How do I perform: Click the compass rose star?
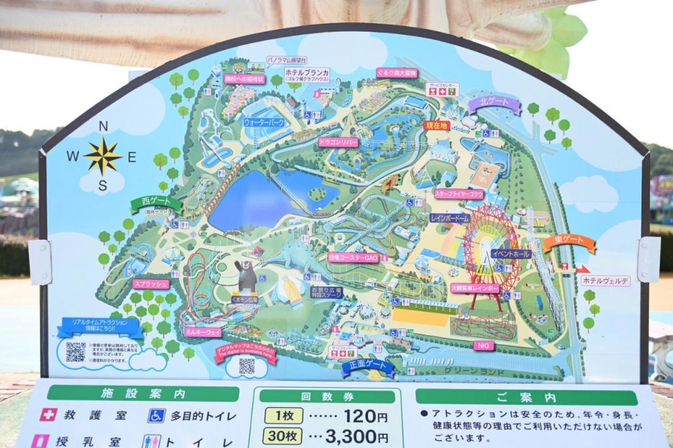[103, 156]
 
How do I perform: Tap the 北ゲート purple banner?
[494, 104]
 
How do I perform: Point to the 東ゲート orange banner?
[569, 244]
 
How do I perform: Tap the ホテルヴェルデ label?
[605, 280]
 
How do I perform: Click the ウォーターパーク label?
[264, 122]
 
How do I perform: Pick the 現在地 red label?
[436, 125]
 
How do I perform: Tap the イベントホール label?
[511, 253]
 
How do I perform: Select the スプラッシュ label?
[151, 284]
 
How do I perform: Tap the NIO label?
[483, 344]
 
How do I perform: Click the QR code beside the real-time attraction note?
[75, 352]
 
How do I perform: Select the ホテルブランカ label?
[307, 74]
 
